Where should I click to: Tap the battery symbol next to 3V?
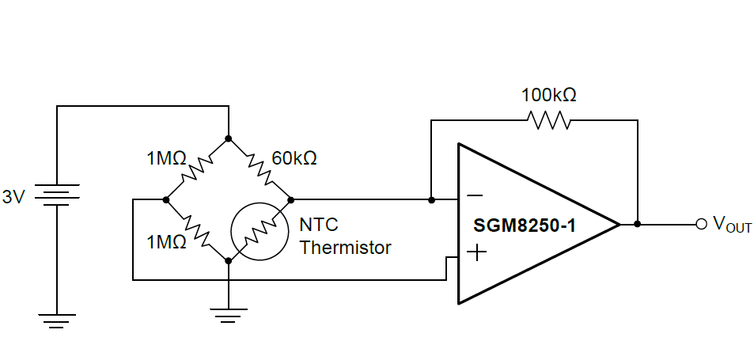point(57,195)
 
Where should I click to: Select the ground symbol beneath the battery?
point(57,320)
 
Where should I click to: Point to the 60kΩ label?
point(294,158)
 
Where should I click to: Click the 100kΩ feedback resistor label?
point(548,95)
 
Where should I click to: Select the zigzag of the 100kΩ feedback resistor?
point(548,120)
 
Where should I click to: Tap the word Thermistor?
point(345,248)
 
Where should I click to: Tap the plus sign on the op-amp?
point(476,253)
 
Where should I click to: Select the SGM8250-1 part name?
point(525,225)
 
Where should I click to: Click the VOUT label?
point(732,225)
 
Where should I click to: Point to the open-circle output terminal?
point(701,225)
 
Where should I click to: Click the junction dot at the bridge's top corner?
point(228,138)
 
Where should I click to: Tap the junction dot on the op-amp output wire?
point(637,225)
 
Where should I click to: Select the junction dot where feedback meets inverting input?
point(430,199)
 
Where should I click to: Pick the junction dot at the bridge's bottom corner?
point(228,260)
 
